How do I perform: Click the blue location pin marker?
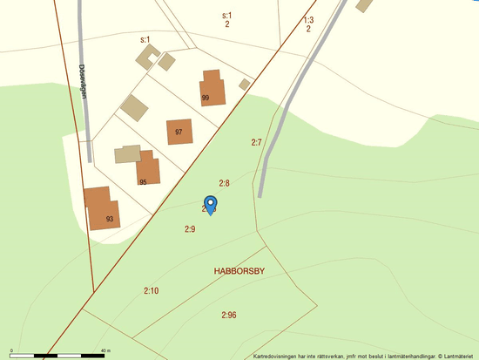[210, 204]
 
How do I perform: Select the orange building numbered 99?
[213, 88]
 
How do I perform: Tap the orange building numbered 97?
[179, 132]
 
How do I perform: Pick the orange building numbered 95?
[149, 168]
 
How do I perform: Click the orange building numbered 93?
[102, 208]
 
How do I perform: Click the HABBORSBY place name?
[239, 272]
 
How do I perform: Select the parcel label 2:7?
[256, 142]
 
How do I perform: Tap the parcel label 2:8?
[224, 183]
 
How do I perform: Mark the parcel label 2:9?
[190, 228]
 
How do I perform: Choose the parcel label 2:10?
[152, 290]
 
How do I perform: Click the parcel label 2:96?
[229, 314]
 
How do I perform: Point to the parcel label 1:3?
[308, 19]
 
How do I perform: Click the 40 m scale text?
[105, 350]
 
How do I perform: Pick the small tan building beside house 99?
[245, 84]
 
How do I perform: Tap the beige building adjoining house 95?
[127, 154]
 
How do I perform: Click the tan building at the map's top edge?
[364, 5]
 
